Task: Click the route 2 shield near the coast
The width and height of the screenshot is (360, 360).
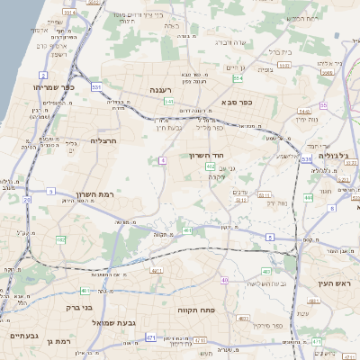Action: pyautogui.click(x=43, y=75)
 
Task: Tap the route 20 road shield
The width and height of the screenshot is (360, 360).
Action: pyautogui.click(x=26, y=200)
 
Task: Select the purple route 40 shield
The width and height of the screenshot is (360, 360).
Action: pyautogui.click(x=224, y=280)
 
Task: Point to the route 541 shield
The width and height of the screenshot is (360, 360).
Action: pyautogui.click(x=168, y=102)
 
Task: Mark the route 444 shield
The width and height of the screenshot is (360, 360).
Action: pyautogui.click(x=308, y=197)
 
